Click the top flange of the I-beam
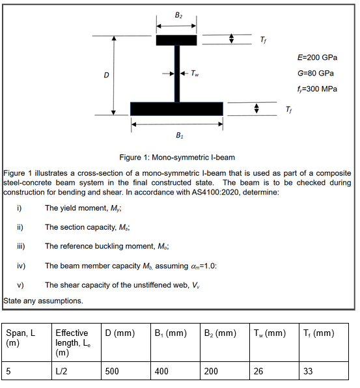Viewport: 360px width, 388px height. (x=176, y=40)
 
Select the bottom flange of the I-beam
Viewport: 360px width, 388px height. (x=176, y=108)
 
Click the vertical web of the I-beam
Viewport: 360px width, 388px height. (x=176, y=74)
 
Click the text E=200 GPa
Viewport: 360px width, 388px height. (x=317, y=57)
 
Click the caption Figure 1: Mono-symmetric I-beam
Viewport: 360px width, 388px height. (x=178, y=157)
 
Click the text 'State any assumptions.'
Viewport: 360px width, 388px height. (x=43, y=301)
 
